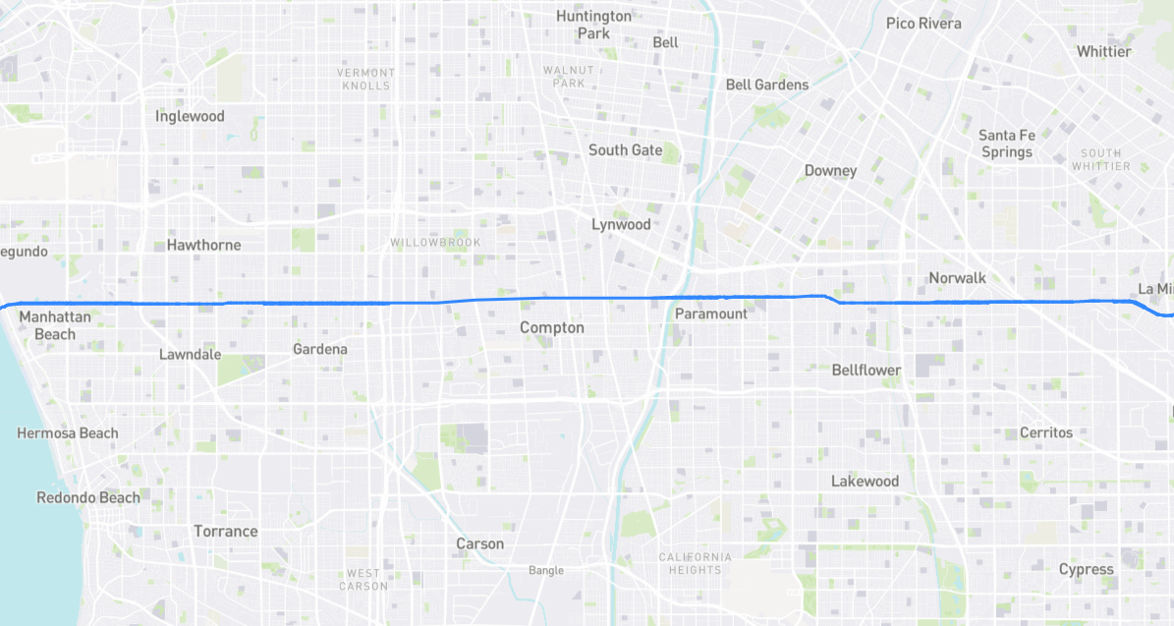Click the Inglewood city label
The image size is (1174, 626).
[190, 116]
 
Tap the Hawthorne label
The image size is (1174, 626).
[203, 245]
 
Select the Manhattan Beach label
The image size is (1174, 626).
[55, 325]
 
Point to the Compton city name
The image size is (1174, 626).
[552, 327]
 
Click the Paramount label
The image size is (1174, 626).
[711, 313]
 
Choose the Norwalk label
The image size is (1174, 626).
[957, 278]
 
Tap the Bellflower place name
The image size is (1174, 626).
[867, 370]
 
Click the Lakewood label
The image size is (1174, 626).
[865, 482]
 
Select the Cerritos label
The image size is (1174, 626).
[1046, 432]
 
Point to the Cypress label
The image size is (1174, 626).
[1087, 569]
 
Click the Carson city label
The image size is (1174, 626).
[480, 543]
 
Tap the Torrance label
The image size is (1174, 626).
[226, 531]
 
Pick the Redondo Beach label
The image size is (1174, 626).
[88, 497]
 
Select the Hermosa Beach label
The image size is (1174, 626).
[68, 433]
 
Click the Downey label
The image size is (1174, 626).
[830, 170]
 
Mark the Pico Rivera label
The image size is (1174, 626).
[923, 23]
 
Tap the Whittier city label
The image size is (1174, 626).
[1103, 51]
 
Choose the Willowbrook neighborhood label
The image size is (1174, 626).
[435, 242]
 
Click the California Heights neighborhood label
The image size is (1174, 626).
[696, 563]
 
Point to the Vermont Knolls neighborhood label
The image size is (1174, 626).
[365, 79]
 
